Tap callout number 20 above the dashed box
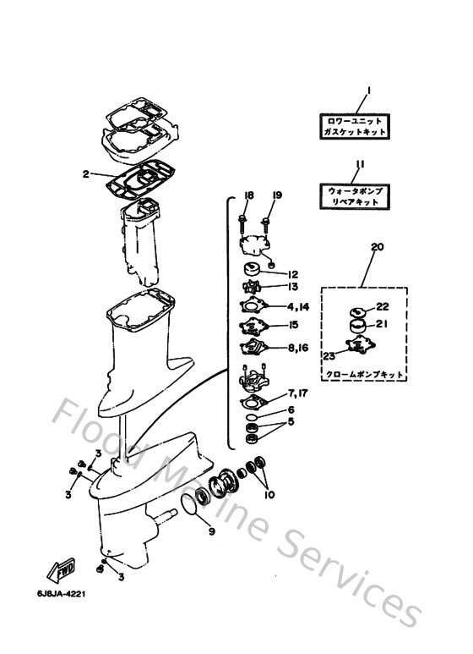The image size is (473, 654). pyautogui.click(x=377, y=247)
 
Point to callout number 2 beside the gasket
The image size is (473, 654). pyautogui.click(x=85, y=175)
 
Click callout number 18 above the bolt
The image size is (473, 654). pyautogui.click(x=248, y=195)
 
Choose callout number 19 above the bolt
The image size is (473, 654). pyautogui.click(x=276, y=195)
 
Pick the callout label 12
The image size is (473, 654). pyautogui.click(x=293, y=274)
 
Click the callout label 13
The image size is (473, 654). pyautogui.click(x=293, y=289)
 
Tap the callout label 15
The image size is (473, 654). pyautogui.click(x=293, y=325)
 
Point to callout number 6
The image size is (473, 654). pyautogui.click(x=291, y=409)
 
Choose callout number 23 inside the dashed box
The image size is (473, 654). pyautogui.click(x=328, y=357)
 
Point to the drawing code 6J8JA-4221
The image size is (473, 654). pyautogui.click(x=61, y=594)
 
